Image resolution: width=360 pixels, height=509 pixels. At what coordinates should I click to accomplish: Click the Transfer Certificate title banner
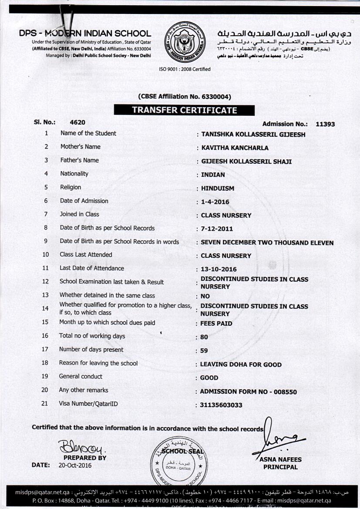point(184,110)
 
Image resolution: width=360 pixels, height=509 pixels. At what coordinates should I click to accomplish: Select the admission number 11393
point(325,124)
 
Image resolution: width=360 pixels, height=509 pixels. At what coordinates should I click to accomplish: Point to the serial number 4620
point(77,122)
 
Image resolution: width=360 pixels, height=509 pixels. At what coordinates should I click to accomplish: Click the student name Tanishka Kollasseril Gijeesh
point(253,135)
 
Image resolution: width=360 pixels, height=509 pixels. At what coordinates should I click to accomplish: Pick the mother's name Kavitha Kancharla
point(235,148)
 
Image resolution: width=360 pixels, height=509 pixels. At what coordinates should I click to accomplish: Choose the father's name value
point(246,162)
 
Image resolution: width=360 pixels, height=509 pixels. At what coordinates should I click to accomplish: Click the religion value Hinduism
point(218,189)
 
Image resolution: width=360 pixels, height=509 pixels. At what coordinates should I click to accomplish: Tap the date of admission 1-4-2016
point(215,202)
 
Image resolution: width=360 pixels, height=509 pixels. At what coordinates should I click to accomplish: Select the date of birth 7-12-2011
point(217,229)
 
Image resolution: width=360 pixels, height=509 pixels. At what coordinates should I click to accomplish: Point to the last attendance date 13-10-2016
point(219,270)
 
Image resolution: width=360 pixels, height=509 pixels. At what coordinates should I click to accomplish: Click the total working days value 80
point(204,337)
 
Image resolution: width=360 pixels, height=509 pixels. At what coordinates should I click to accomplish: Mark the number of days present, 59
point(204,351)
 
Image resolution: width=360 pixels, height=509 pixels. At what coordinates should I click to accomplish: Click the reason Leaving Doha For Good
point(241,364)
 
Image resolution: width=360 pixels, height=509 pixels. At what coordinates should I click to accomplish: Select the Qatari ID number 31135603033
point(221,405)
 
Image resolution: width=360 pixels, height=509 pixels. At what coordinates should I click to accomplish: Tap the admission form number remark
point(248,392)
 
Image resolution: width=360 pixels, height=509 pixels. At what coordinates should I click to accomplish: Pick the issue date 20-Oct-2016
point(75,465)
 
